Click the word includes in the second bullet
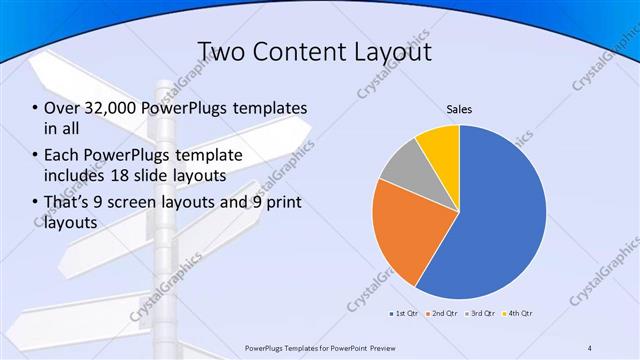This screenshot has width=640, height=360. click(72, 176)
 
